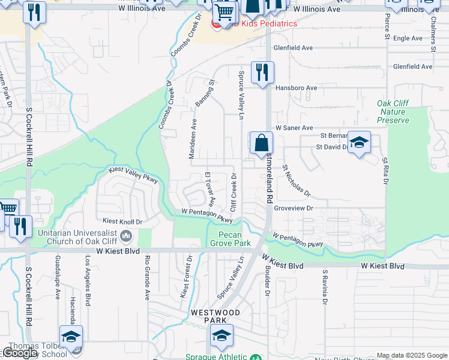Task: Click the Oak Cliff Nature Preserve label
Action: (393, 112)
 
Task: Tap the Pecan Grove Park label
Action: (230, 239)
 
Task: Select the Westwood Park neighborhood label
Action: (215, 316)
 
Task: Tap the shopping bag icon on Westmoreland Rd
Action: (261, 144)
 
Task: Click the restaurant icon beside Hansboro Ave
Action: (262, 73)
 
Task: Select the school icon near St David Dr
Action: (359, 143)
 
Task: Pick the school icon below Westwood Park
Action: (221, 337)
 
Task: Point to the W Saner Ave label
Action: (294, 128)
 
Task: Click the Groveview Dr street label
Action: (294, 208)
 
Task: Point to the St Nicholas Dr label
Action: (297, 181)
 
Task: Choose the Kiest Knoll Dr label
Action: (122, 221)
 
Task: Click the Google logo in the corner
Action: (20, 353)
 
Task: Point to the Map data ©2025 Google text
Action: (412, 355)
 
